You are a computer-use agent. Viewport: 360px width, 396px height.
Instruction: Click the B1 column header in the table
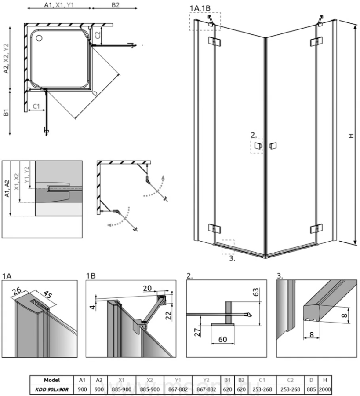pyautogui.click(x=227, y=380)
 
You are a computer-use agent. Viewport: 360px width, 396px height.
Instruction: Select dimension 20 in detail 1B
pyautogui.click(x=147, y=289)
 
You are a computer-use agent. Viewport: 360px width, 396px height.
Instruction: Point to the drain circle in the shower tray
pyautogui.click(x=40, y=38)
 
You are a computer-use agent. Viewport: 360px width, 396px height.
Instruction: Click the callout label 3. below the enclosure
pyautogui.click(x=232, y=259)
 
